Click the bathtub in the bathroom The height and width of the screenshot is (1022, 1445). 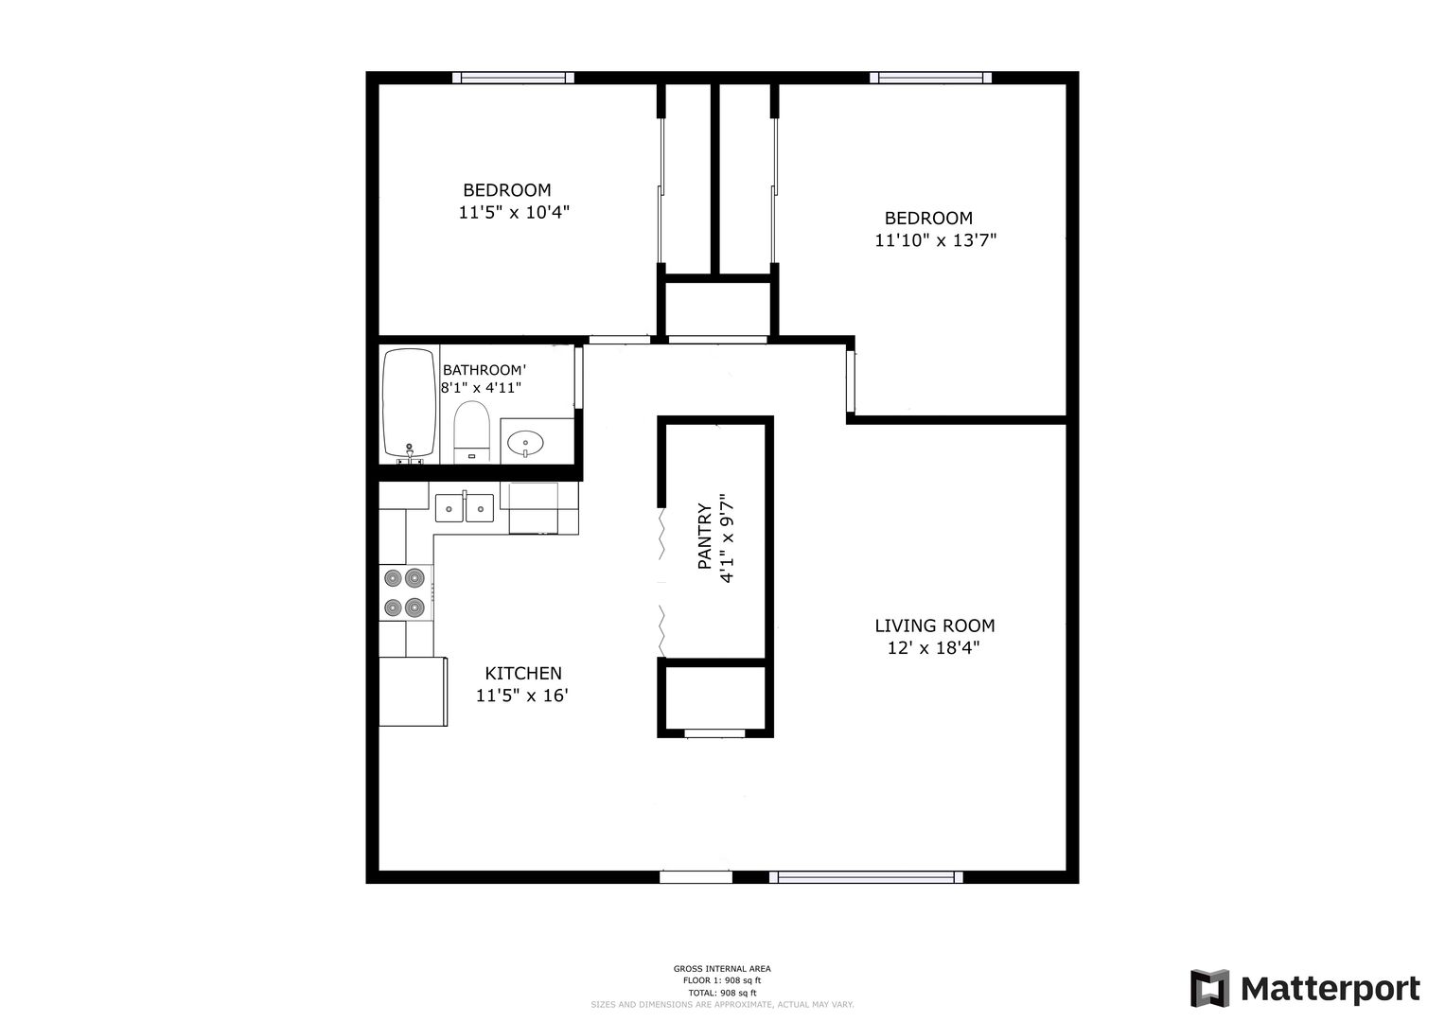[410, 404]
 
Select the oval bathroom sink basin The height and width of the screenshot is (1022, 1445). [525, 443]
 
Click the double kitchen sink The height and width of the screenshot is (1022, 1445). [465, 507]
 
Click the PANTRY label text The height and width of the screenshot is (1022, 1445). [705, 537]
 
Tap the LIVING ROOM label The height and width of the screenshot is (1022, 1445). [935, 626]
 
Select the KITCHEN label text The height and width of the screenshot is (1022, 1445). [523, 673]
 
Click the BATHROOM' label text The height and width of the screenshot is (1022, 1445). [485, 370]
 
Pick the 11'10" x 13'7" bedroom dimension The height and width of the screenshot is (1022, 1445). [935, 240]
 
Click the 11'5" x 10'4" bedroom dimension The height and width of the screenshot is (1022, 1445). [514, 212]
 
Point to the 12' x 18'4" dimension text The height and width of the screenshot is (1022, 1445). [933, 647]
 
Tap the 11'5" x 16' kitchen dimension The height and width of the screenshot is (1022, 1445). [521, 695]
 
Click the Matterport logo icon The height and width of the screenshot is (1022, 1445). [1209, 988]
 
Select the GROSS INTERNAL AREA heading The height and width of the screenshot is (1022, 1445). [722, 968]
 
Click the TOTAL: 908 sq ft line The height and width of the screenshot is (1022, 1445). [722, 993]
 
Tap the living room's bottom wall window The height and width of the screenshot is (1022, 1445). [866, 877]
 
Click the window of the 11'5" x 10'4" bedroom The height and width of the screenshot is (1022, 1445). [513, 78]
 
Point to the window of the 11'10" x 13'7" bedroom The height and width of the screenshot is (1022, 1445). [930, 78]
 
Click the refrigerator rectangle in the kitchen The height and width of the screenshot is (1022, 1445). [413, 692]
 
